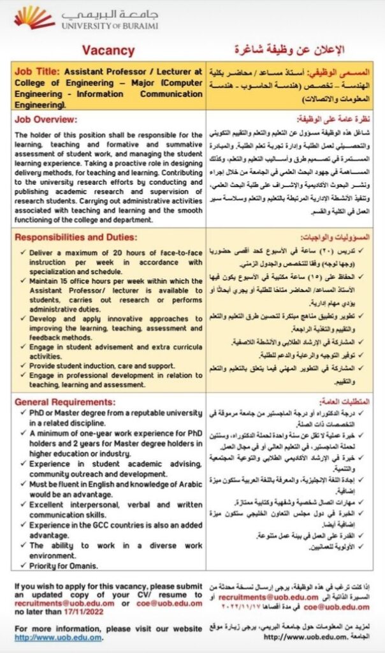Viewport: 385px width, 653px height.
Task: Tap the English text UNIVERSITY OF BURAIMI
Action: (109, 26)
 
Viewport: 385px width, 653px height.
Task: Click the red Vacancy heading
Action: (108, 51)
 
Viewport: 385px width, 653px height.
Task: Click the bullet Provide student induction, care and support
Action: (102, 365)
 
